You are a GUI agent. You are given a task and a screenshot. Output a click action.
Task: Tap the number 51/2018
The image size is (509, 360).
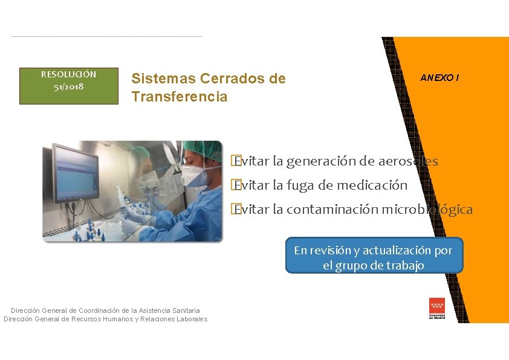click(x=68, y=86)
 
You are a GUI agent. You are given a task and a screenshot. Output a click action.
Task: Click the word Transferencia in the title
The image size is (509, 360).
click(x=180, y=97)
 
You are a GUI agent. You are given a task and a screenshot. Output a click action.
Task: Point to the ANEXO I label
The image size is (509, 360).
click(x=439, y=78)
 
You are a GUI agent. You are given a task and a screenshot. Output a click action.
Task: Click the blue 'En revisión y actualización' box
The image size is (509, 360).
click(x=373, y=257)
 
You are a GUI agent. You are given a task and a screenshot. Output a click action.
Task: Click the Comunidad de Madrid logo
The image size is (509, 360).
click(x=436, y=309)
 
